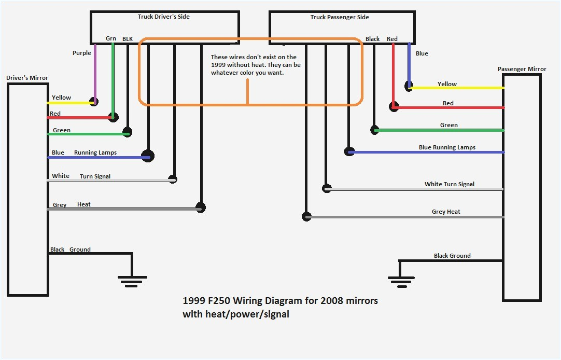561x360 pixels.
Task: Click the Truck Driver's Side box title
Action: [x=163, y=17]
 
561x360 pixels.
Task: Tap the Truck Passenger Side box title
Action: [x=340, y=17]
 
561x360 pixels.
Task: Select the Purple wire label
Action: [x=81, y=53]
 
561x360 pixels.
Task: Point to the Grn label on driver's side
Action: [x=111, y=38]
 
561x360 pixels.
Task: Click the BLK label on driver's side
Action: [x=127, y=39]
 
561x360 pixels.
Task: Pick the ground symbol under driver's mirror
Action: [x=132, y=281]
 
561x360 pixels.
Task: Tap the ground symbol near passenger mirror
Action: [x=400, y=281]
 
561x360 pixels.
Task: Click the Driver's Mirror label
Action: [x=27, y=78]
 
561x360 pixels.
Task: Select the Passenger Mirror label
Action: [x=522, y=69]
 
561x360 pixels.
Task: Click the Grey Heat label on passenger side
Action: [x=446, y=212]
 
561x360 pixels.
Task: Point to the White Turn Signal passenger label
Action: [x=449, y=184]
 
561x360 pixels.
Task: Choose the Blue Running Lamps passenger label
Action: [x=447, y=147]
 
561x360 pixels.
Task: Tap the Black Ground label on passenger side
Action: [x=452, y=256]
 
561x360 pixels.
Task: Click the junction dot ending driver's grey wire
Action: [x=201, y=208]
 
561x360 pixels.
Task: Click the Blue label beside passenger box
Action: [x=422, y=53]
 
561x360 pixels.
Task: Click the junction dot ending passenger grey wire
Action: [x=306, y=216]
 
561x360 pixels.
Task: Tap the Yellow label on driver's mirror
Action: [x=61, y=98]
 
